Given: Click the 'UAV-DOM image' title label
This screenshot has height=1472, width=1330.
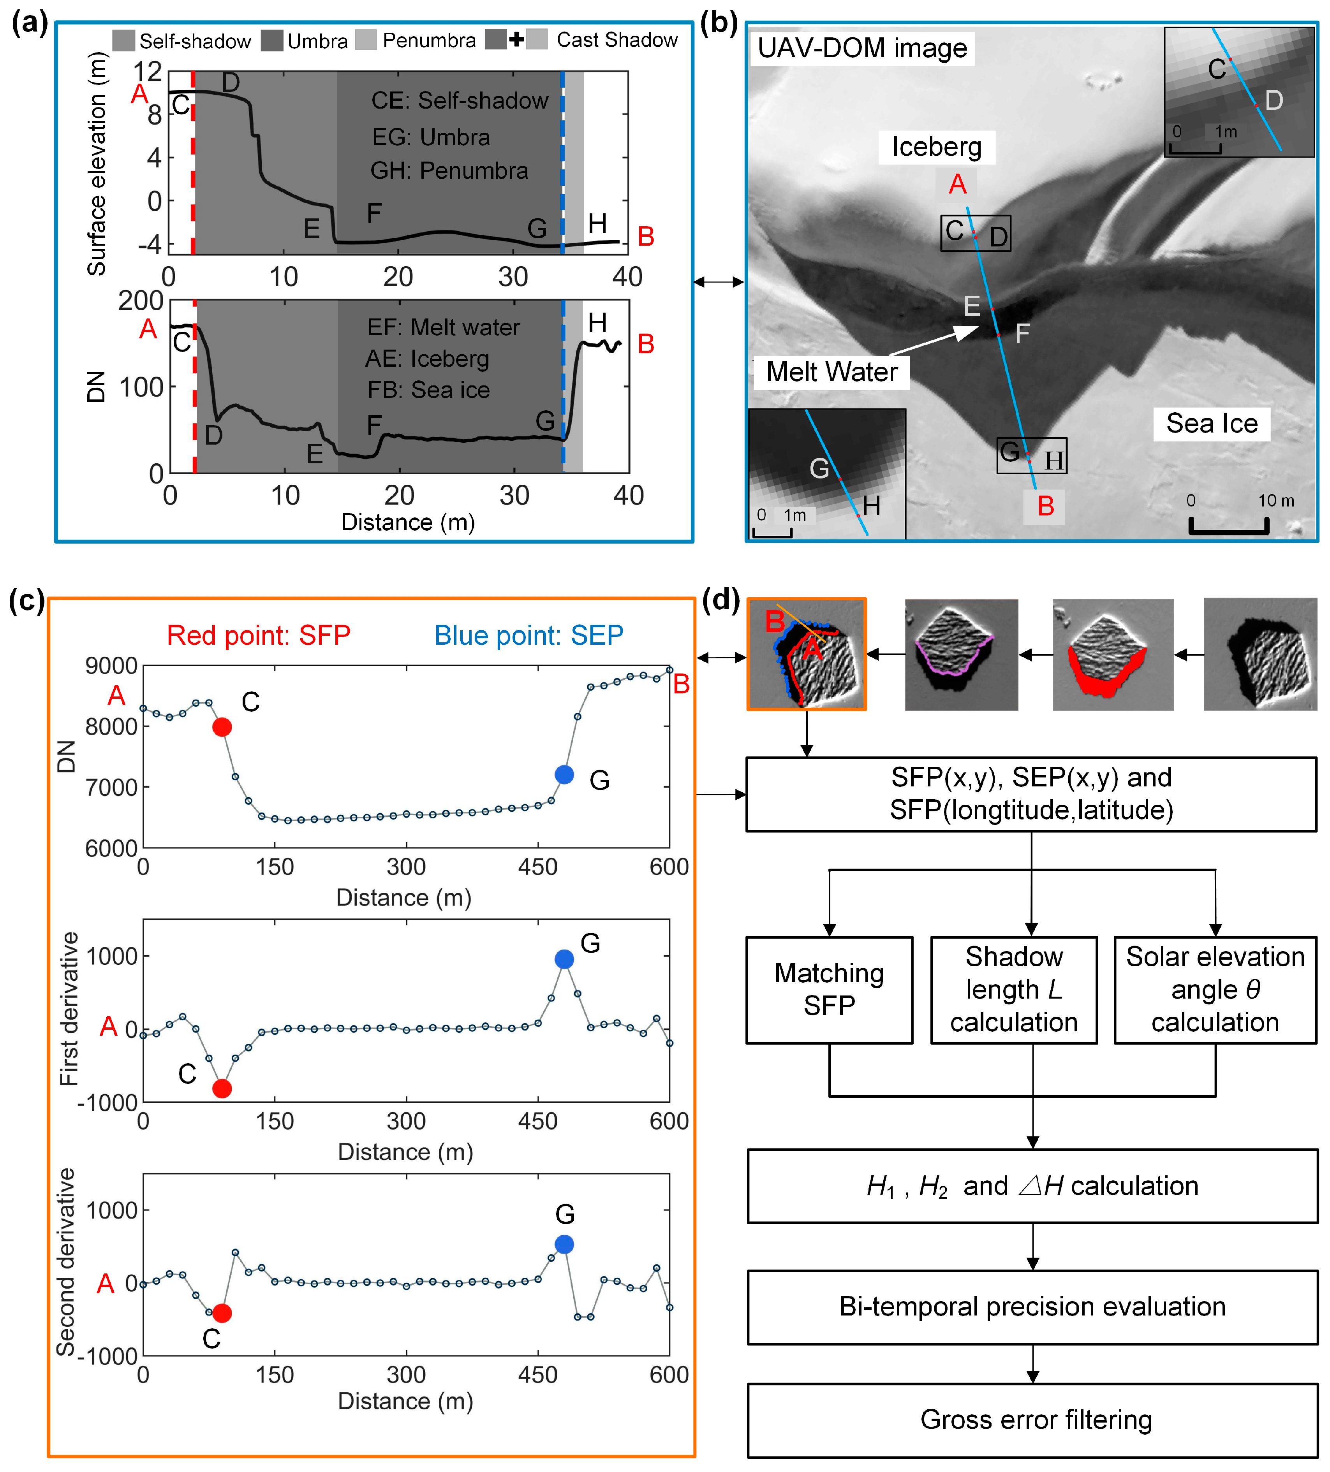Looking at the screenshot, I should point(862,48).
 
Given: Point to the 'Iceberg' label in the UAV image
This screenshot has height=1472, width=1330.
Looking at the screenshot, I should point(936,147).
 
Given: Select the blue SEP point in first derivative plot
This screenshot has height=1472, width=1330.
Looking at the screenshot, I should point(564,959).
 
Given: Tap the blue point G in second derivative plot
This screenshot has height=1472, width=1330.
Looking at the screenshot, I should point(564,1244).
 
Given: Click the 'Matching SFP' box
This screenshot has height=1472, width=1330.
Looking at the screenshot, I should point(829,990).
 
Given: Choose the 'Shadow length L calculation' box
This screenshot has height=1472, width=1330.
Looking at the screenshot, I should point(1014,990).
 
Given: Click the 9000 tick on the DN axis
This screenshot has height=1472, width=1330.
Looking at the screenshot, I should point(111,666).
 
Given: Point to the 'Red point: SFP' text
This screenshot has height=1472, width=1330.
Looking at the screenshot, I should point(259,635).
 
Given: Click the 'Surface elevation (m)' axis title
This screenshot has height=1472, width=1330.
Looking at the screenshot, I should point(97,164).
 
